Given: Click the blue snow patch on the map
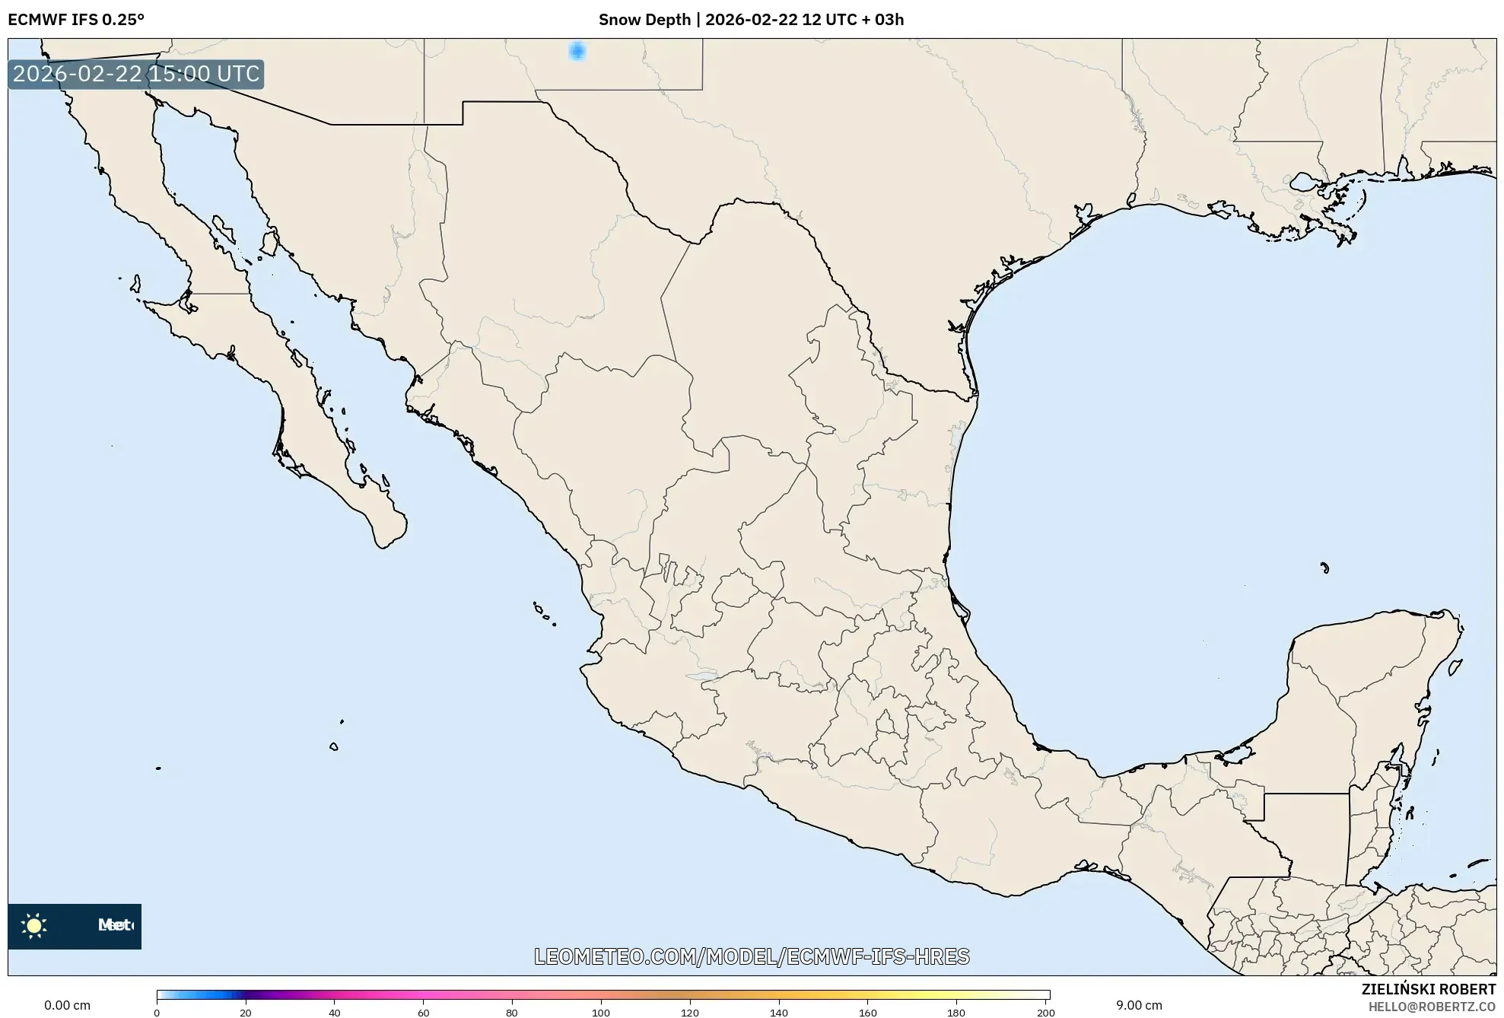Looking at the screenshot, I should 577,51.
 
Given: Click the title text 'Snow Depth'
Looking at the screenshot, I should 644,20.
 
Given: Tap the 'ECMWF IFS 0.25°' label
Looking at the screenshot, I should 76,20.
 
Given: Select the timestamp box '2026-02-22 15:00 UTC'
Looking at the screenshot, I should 136,74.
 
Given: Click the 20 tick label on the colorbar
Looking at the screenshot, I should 245,1013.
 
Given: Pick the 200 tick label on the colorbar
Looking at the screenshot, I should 1046,1013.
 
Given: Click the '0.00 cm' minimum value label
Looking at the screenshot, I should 67,1005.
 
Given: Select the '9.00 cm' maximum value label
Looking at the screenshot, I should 1139,1005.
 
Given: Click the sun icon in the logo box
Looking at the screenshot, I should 34,926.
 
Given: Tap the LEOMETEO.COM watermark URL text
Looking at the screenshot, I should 752,956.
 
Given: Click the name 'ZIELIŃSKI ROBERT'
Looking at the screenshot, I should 1429,989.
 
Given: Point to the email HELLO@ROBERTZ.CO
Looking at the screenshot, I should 1432,1007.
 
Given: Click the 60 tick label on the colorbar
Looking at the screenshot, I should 423,1013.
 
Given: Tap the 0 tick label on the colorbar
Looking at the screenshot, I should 157,1013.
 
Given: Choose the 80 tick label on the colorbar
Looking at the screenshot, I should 512,1013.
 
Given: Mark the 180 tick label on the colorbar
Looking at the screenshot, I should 956,1013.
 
